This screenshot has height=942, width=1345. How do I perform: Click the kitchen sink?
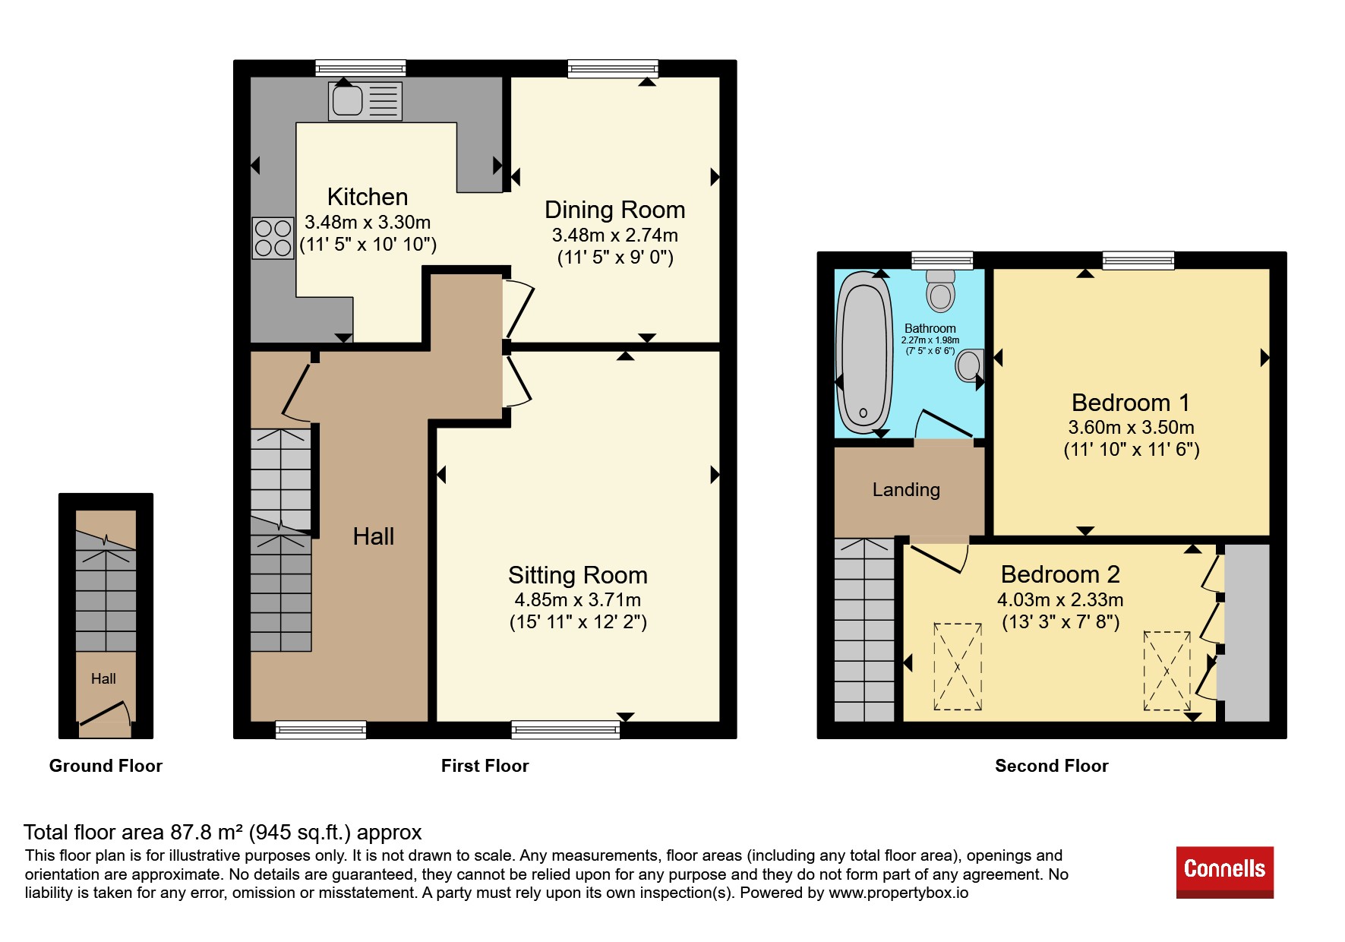[x=365, y=101]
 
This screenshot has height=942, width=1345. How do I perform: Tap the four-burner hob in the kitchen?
[x=273, y=238]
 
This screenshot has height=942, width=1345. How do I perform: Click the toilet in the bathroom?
[x=941, y=290]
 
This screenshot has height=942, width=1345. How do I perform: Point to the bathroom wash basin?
[x=971, y=366]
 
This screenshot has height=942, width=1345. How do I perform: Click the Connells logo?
[x=1224, y=872]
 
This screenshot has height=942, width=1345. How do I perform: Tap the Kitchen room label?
[x=368, y=197]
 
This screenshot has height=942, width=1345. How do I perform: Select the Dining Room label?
[x=615, y=210]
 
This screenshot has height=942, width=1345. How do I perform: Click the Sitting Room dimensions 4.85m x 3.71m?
[x=578, y=600]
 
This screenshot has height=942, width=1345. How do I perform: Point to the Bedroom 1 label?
[x=1131, y=403]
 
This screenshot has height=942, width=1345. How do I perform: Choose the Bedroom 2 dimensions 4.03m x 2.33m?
[x=1060, y=600]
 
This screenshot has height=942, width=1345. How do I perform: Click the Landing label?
[x=906, y=490]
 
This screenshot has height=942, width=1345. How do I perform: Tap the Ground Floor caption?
[x=106, y=766]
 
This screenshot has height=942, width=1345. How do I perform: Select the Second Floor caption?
[x=1052, y=766]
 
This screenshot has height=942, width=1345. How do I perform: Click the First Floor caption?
[x=485, y=766]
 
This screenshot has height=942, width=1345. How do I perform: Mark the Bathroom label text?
[x=930, y=328]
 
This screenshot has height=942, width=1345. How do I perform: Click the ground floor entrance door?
[x=105, y=716]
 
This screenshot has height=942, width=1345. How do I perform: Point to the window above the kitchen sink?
[x=361, y=68]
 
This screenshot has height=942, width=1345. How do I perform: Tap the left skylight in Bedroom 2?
[x=958, y=667]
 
